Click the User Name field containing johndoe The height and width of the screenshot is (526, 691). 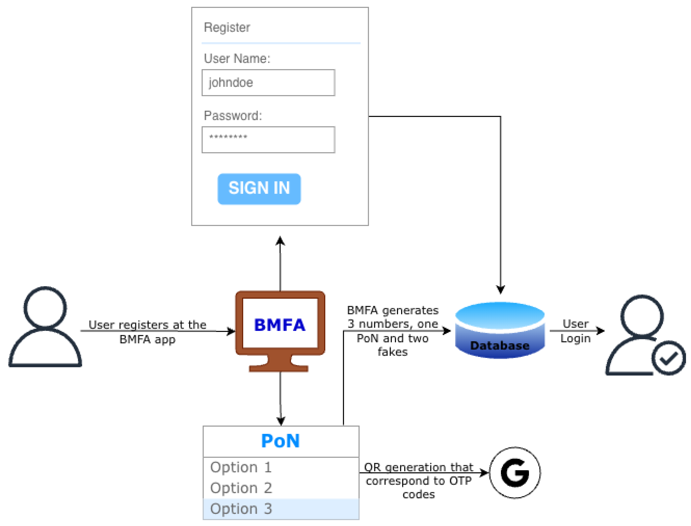click(x=268, y=83)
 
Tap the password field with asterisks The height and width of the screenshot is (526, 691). click(x=268, y=140)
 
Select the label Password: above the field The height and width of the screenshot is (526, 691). click(x=232, y=116)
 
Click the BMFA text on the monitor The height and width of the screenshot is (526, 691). click(x=279, y=325)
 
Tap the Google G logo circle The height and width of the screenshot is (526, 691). click(x=515, y=473)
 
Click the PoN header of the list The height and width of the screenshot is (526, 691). click(x=281, y=441)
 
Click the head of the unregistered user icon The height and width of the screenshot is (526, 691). click(x=45, y=308)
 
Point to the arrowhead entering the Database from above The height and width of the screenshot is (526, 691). click(x=500, y=290)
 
